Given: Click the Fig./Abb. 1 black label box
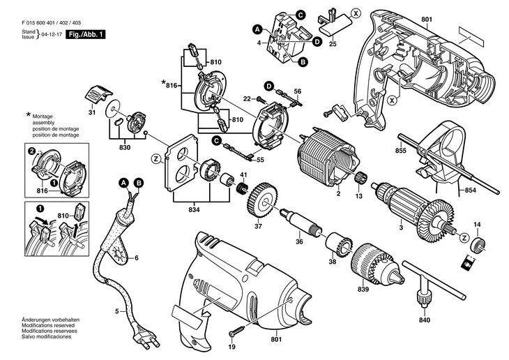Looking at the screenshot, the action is click(86, 34).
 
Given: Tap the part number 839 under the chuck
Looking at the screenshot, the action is click(363, 289).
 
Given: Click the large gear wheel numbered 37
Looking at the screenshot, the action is click(261, 202).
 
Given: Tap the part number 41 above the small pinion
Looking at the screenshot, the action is click(244, 175).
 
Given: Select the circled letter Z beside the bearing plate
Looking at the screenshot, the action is click(156, 159).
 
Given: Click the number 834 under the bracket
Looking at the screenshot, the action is click(194, 210).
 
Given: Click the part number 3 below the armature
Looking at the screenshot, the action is click(401, 227).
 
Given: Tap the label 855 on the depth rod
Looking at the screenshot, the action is click(401, 151).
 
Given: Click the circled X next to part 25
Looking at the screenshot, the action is click(356, 13).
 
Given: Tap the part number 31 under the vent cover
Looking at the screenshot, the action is click(92, 113).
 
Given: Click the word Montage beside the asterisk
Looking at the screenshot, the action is click(43, 117).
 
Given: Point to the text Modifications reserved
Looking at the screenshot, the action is click(48, 325).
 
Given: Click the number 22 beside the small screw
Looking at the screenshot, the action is click(247, 98).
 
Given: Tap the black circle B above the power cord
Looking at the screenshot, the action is click(139, 183).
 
